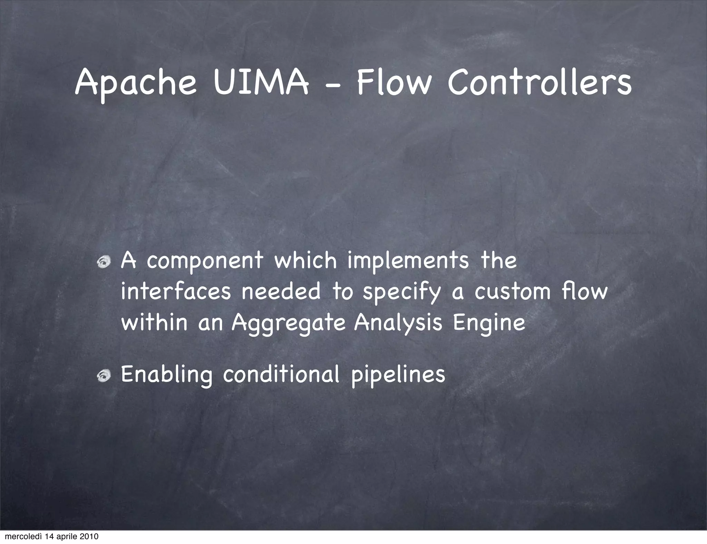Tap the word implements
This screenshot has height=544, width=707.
tap(408, 261)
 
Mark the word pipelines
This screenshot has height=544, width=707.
tap(398, 376)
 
